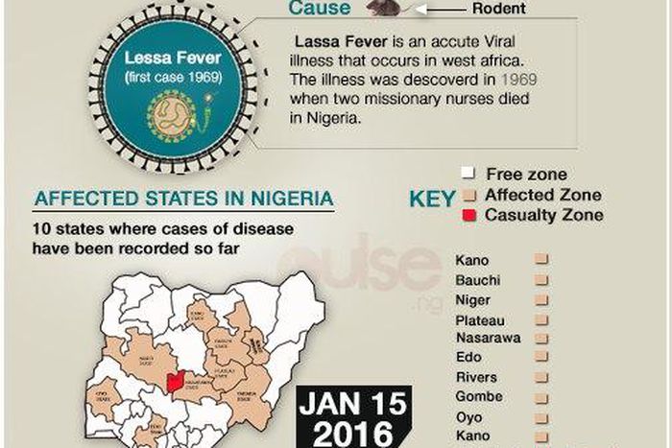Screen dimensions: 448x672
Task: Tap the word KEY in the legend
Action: (433, 200)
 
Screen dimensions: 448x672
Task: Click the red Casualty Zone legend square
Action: (468, 215)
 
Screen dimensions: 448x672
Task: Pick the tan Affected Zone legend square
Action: (468, 195)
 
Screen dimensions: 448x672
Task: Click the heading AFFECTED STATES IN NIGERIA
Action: (183, 200)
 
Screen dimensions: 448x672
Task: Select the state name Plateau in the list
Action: (480, 320)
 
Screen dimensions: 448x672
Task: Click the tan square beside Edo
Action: (540, 358)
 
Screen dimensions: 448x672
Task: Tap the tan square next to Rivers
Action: (540, 377)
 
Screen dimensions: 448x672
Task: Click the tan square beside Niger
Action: (540, 300)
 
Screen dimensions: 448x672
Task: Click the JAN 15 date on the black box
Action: (353, 404)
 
